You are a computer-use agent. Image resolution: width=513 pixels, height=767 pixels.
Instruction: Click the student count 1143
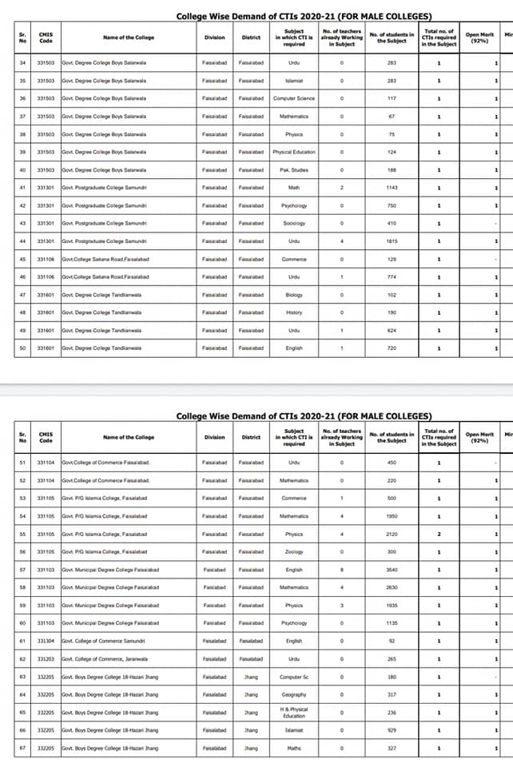pos(392,188)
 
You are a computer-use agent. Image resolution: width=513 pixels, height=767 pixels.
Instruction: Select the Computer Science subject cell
pos(294,98)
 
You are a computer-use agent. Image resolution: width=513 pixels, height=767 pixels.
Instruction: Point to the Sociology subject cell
pos(294,223)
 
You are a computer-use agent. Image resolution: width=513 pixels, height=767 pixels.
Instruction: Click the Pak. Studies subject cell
pos(294,169)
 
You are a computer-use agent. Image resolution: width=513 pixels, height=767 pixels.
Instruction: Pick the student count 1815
pos(392,241)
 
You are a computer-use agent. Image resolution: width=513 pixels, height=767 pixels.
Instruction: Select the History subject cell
pos(294,312)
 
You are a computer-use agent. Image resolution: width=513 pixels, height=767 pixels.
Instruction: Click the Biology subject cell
pos(294,295)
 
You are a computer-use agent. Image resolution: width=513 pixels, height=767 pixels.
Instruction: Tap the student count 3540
pos(392,570)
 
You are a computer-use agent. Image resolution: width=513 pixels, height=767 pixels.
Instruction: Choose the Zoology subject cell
pos(294,552)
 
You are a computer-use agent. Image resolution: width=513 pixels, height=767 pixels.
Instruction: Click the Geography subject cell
pos(294,694)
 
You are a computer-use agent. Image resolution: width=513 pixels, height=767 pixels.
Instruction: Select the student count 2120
pos(392,534)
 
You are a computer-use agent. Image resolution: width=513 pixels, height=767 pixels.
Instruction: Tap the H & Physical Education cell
pos(294,713)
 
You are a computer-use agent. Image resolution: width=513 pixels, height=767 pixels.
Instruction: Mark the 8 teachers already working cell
pos(341,570)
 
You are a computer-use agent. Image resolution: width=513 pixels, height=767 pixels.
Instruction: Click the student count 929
pos(392,730)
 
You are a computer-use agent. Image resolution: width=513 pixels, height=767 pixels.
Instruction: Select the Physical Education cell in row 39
pos(294,152)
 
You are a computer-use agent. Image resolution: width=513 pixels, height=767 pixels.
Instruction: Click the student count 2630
pos(392,587)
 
